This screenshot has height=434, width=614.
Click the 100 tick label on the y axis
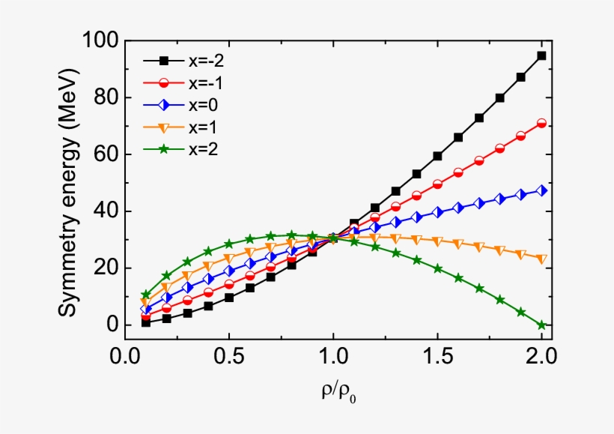coord(97,40)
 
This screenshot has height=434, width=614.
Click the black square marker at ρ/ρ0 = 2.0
coord(541,55)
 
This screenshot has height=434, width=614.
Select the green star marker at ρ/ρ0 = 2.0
coord(541,325)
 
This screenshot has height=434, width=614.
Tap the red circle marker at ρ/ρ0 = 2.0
coord(541,123)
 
